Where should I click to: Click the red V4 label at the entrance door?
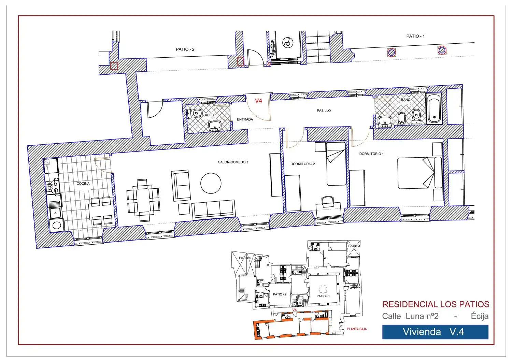[x=258, y=101]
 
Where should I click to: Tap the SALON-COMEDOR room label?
[x=233, y=162]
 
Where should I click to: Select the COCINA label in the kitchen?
[x=83, y=184]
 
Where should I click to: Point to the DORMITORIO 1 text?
[x=371, y=154]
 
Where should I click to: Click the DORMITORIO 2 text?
[x=303, y=164]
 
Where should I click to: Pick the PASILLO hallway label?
[x=324, y=111]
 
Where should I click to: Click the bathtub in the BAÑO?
[x=434, y=108]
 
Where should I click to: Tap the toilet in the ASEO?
[x=195, y=113]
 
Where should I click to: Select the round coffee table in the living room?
[x=211, y=183]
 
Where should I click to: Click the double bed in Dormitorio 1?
[x=419, y=173]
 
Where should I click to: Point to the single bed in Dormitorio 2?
[x=336, y=164]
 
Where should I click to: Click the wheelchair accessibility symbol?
[x=287, y=43]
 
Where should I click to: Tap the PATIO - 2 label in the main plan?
[x=185, y=49]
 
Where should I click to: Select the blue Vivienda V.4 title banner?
[x=435, y=332]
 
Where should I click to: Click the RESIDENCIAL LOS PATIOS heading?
[x=436, y=304]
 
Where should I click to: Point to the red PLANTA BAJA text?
[x=357, y=329]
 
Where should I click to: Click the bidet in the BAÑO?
[x=402, y=118]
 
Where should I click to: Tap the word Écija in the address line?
[x=480, y=316]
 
